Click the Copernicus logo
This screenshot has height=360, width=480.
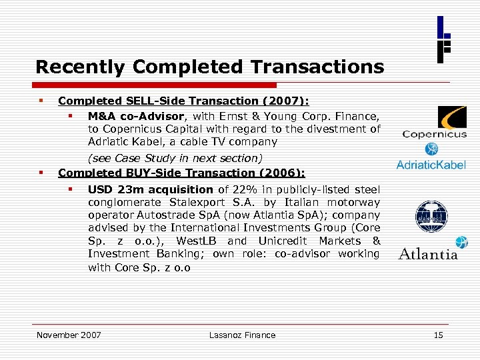coord(434,123)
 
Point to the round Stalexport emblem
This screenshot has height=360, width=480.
coord(431,217)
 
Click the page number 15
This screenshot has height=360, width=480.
coord(438,335)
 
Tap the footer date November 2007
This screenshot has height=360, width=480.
coord(69,335)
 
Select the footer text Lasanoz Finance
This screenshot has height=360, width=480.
coord(242,335)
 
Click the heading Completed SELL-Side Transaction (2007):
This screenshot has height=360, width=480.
coord(183,101)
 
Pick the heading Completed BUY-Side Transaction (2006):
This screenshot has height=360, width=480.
coord(181,173)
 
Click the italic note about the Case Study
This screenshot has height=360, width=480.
coord(175,158)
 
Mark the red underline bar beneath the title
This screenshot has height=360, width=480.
coord(157,85)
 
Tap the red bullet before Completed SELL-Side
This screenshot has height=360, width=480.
coord(41,101)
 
